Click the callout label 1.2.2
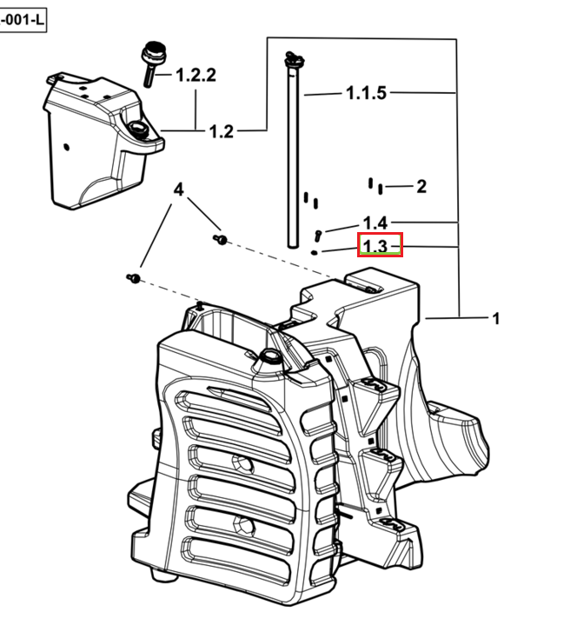point(196,75)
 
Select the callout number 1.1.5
point(366,93)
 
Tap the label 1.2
point(222,131)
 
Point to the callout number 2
point(421,187)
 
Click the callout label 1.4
point(375,223)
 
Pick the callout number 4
point(179,189)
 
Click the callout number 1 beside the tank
point(495,318)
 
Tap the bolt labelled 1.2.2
point(153,63)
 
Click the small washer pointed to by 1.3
point(315,252)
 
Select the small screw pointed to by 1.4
point(317,236)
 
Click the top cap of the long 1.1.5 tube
point(295,59)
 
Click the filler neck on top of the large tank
point(270,356)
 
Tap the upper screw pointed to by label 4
point(221,240)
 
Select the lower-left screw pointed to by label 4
point(134,278)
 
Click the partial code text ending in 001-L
point(22,20)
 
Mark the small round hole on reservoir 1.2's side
point(67,147)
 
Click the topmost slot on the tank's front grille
point(223,401)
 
